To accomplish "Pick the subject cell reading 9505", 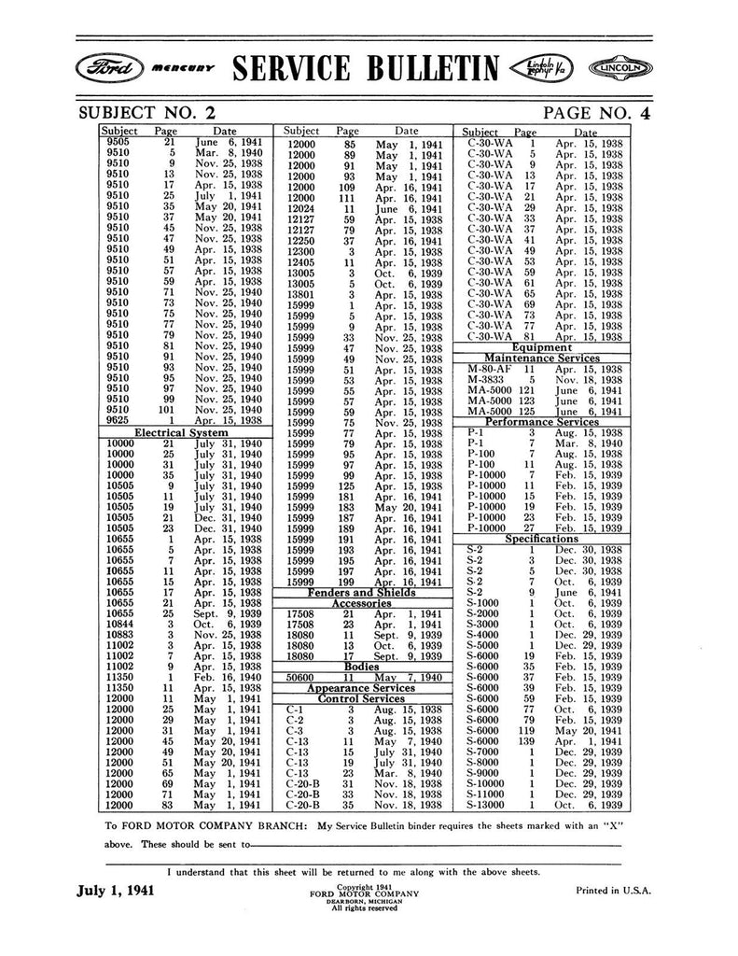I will point(118,141).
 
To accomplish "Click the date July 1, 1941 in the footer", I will point(115,890).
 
